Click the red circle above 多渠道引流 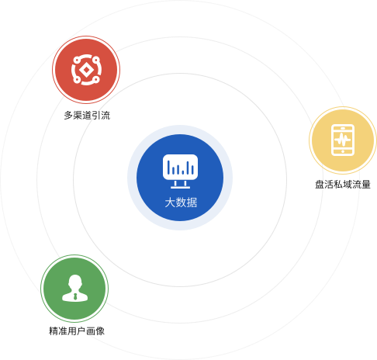pos(86,70)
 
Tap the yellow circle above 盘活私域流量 pos(343,140)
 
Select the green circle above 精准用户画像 pos(74,289)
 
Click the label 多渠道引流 pos(87,116)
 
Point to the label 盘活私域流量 pos(343,185)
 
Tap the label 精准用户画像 pos(77,331)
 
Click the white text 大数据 pos(181,202)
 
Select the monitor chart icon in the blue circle pos(180,171)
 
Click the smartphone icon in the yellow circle pos(343,140)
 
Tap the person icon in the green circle pos(75,288)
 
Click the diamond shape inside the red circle pos(86,70)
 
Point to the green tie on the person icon pos(75,296)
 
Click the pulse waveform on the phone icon pos(343,140)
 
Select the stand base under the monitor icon pos(180,187)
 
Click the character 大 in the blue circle pos(170,202)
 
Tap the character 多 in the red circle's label pos(68,116)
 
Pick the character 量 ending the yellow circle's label pos(366,185)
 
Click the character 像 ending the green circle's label pos(100,331)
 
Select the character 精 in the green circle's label pos(54,331)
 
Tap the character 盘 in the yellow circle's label pos(320,185)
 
